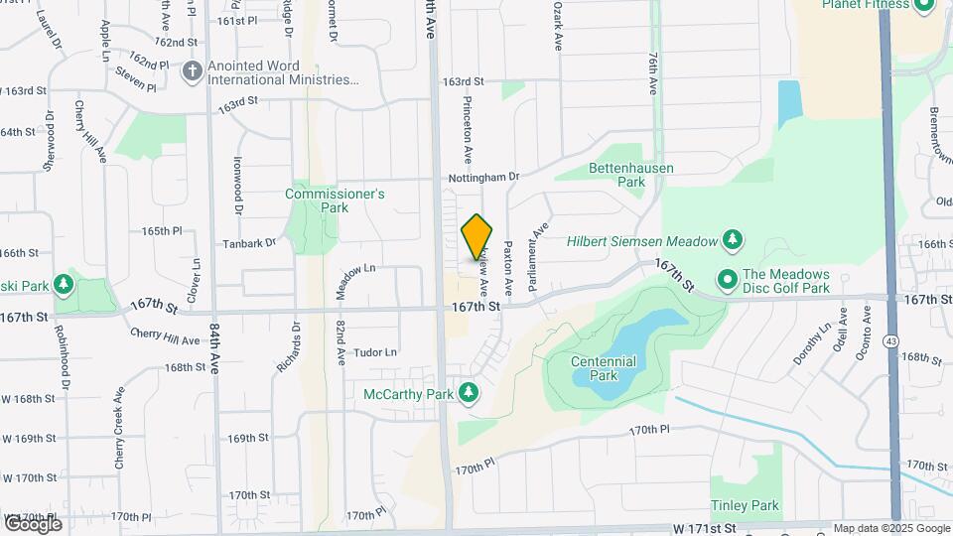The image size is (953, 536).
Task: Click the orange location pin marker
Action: [x=476, y=237]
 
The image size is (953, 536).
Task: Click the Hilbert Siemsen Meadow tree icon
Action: [x=733, y=240]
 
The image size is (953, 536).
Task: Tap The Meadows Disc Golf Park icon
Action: [x=727, y=281]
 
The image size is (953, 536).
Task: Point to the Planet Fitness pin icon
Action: [x=924, y=5]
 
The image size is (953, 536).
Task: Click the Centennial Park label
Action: [x=604, y=369]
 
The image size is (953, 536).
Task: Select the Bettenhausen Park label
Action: [x=630, y=175]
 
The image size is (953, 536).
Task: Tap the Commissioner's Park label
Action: [x=335, y=201]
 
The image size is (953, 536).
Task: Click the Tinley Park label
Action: [x=745, y=506]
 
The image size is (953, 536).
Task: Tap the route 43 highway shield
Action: [x=893, y=341]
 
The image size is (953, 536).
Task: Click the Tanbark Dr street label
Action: [x=248, y=243]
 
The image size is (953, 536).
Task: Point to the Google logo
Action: [x=33, y=523]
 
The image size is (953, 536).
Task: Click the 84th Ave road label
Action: [x=214, y=345]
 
